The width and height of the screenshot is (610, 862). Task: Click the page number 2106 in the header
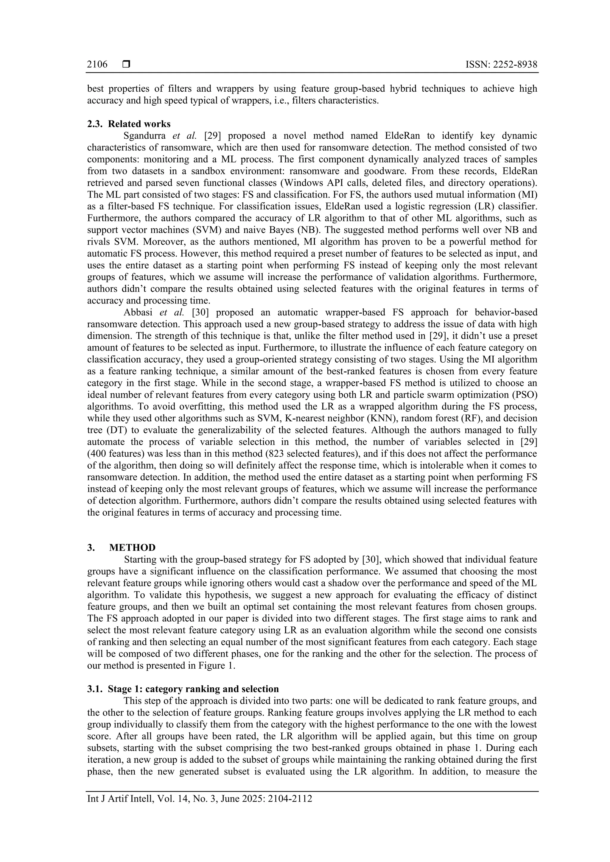(x=97, y=65)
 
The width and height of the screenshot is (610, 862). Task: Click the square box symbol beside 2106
(x=126, y=65)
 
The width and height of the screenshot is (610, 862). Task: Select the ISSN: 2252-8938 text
(x=501, y=65)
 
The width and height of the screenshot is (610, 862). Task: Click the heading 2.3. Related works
(x=129, y=124)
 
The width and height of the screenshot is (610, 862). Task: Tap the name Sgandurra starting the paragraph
(x=144, y=135)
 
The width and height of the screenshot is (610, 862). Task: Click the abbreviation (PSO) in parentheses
(x=525, y=395)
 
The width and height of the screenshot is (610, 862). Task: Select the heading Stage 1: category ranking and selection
(x=193, y=689)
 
